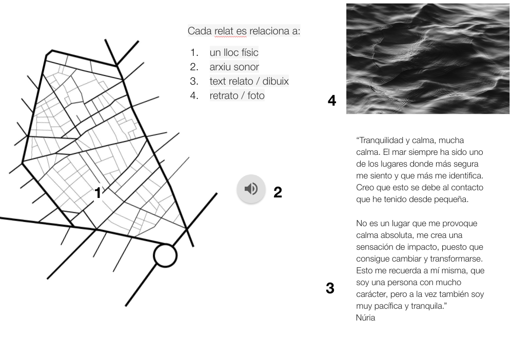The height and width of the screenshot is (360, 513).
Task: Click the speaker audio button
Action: click(251, 189)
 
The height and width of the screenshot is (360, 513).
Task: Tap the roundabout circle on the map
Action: click(165, 255)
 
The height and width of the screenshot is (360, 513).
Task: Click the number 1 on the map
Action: click(98, 193)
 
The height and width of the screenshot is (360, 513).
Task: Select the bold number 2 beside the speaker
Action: click(278, 192)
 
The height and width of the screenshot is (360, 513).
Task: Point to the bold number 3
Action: click(330, 288)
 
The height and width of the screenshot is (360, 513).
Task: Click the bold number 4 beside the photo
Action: click(332, 101)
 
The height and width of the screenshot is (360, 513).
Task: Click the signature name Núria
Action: click(365, 318)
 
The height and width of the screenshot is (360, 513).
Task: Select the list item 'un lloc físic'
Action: click(234, 53)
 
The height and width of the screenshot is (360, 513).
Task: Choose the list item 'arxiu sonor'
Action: click(234, 67)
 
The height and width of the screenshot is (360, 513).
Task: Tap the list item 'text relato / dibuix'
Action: click(249, 82)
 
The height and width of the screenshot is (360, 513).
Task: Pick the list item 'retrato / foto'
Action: click(237, 96)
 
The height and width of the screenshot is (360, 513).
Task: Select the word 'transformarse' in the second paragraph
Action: click(458, 259)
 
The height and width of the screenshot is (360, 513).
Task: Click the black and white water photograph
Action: click(428, 58)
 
